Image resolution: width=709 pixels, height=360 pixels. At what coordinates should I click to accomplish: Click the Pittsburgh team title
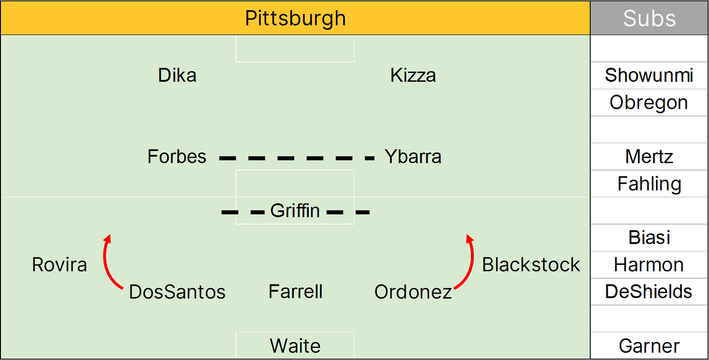point(295,19)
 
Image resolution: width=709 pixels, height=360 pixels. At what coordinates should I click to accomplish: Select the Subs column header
point(649,19)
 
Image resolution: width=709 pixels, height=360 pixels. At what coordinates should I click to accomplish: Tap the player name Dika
point(177,76)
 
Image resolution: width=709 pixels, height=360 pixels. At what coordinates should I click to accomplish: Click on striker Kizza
point(413,76)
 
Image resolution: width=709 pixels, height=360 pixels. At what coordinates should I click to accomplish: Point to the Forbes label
point(177,157)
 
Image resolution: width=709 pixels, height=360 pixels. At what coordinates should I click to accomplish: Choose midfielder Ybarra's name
point(413,157)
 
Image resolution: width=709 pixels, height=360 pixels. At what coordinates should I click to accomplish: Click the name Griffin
point(295,211)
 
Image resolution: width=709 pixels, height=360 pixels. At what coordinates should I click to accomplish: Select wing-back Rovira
point(59,265)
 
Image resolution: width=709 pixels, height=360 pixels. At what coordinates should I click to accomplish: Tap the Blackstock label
point(531,265)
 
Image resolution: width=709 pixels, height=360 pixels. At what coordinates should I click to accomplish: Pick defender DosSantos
point(177,292)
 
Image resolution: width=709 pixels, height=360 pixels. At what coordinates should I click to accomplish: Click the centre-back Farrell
point(295,292)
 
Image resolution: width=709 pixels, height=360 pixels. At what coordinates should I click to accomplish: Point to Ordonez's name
point(413,292)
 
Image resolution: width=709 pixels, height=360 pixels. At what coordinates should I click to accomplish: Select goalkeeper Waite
point(295,346)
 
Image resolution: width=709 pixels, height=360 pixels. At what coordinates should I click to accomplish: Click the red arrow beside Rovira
point(110,263)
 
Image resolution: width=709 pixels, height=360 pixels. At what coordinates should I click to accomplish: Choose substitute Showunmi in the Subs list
point(649,76)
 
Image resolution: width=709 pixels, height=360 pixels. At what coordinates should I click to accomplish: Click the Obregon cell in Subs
point(649,103)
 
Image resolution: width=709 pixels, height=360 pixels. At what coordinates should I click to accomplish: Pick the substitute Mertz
point(649,157)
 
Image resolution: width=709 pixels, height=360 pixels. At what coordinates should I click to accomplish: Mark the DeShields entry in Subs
point(649,292)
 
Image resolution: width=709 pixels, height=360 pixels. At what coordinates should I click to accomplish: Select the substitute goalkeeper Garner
point(649,346)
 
